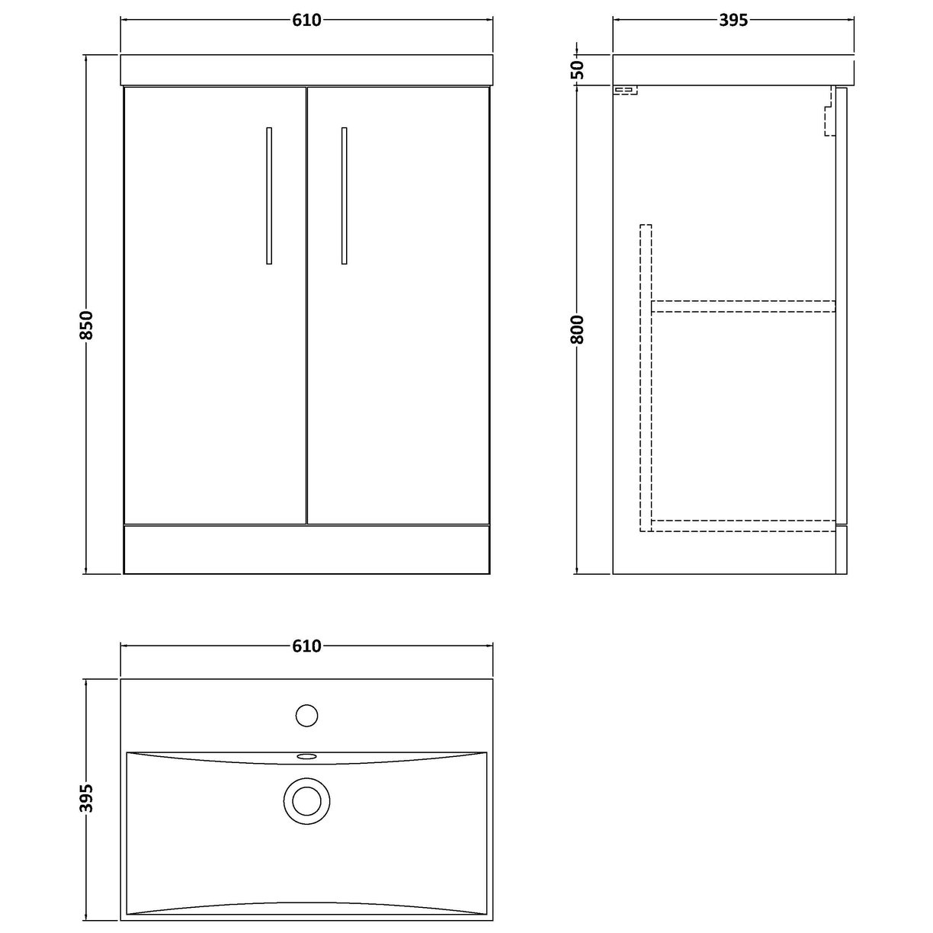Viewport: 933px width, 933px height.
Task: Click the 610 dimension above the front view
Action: coord(306,21)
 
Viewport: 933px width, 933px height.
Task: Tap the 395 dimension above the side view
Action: coord(733,21)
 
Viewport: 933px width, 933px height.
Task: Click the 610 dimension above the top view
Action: coord(306,646)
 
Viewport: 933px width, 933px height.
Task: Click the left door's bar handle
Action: coord(269,196)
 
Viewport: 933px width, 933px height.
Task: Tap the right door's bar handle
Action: coord(344,196)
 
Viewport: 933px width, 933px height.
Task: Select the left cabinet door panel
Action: coord(215,305)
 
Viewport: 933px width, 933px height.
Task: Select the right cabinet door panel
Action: coord(398,305)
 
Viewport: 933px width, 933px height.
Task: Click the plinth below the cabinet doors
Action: coord(306,549)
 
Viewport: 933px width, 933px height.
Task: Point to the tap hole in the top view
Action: coord(306,715)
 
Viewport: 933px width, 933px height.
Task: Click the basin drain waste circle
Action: coord(306,800)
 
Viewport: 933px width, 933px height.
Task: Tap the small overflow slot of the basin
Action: coord(306,756)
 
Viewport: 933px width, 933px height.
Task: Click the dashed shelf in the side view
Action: coord(743,306)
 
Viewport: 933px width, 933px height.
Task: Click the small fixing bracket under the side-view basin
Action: coord(625,91)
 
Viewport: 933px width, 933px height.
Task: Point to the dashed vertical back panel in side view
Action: coord(646,374)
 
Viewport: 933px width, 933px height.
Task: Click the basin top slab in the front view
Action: coord(306,69)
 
